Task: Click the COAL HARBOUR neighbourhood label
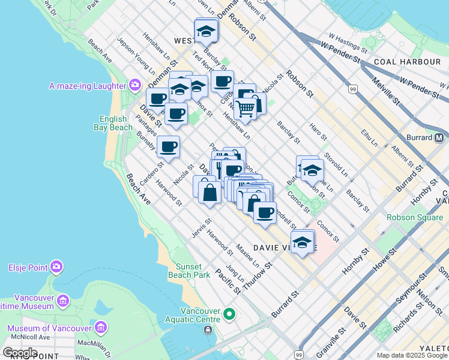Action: coord(407,62)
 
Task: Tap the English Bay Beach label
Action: coord(113,123)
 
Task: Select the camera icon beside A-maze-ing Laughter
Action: coord(133,86)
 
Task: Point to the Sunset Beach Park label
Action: coord(192,271)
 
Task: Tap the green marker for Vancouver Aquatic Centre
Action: coord(229,314)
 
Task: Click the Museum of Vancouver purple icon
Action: coord(100,328)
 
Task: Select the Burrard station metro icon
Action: coord(441,137)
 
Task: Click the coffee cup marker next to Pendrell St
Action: coord(264,213)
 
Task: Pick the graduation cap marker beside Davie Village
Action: coord(303,243)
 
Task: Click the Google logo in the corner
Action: coord(20,353)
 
